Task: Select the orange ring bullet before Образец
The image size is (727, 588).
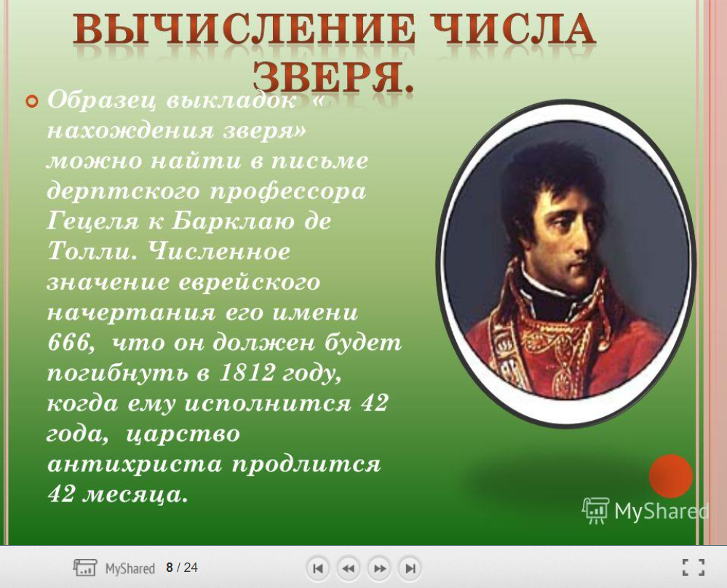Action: click(32, 101)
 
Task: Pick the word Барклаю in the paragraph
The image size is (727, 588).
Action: click(233, 220)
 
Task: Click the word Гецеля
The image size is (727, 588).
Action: click(92, 222)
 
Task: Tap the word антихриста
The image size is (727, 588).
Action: click(135, 464)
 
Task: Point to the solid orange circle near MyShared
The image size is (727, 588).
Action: click(670, 476)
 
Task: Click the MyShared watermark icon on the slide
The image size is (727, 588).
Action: click(595, 511)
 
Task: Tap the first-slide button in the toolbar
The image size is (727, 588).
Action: click(318, 568)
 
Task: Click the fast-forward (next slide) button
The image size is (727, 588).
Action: click(379, 568)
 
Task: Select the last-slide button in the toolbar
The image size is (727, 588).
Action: click(410, 568)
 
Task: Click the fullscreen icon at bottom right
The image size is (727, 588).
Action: click(693, 567)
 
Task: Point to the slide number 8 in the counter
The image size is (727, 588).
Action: click(170, 568)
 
